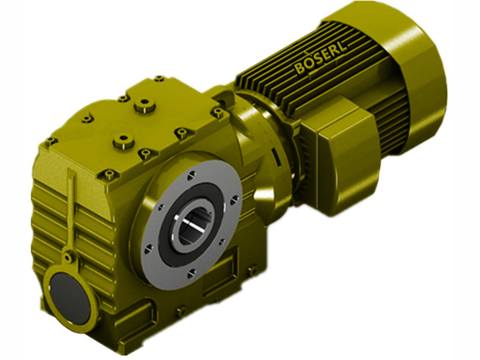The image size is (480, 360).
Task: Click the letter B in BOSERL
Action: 299,70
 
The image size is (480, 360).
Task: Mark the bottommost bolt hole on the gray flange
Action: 190,273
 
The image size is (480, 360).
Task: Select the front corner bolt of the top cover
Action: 109,175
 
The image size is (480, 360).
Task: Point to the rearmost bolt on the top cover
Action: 159,79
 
